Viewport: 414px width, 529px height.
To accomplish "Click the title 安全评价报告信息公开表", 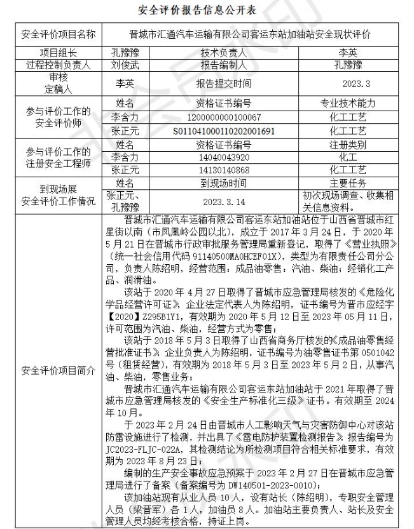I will click(x=207, y=11).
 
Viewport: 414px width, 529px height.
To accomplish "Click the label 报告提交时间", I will click(x=223, y=83).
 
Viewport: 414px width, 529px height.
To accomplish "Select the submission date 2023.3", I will click(x=355, y=83).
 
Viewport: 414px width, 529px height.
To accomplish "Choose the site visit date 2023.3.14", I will click(x=223, y=201).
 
